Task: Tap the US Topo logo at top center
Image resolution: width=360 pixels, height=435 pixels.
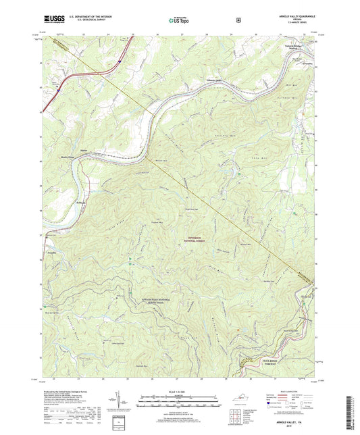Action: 179,21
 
